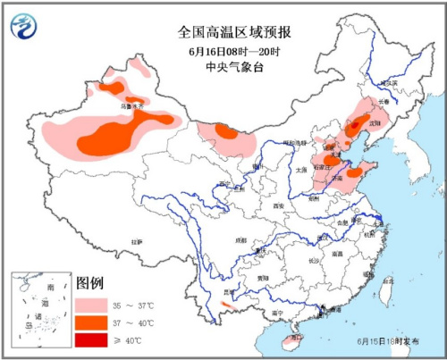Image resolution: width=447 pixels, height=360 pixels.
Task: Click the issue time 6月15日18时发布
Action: pyautogui.click(x=389, y=341)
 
